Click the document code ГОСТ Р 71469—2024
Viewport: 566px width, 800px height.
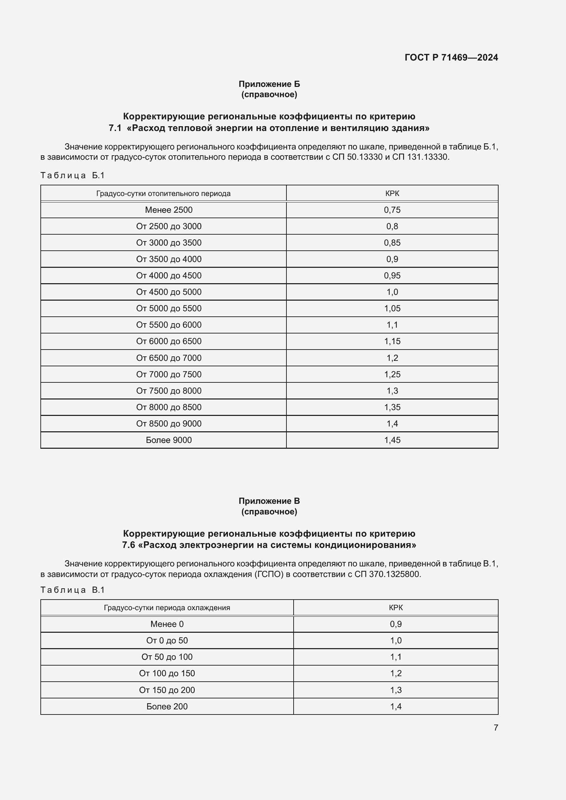point(451,57)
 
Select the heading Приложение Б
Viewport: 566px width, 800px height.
point(269,84)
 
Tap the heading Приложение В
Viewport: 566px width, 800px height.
point(269,501)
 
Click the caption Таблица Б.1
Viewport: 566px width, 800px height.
point(73,175)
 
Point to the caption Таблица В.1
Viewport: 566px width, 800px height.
point(73,590)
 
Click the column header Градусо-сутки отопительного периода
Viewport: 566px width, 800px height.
point(163,193)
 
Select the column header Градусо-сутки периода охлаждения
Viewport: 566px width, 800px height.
point(167,608)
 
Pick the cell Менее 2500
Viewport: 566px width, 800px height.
point(169,210)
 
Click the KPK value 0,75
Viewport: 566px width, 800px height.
point(392,210)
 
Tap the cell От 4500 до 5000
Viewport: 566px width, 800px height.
point(169,292)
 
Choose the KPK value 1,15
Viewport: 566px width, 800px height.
point(392,341)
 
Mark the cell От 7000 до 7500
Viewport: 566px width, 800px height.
point(169,374)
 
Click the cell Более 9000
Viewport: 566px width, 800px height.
point(169,440)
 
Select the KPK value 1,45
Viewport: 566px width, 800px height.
point(392,440)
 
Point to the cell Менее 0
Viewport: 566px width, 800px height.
point(167,624)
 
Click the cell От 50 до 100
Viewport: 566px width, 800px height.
point(167,657)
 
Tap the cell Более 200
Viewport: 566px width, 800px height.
point(167,706)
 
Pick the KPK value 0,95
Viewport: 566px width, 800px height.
point(392,276)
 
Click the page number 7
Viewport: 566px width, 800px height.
point(496,727)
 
